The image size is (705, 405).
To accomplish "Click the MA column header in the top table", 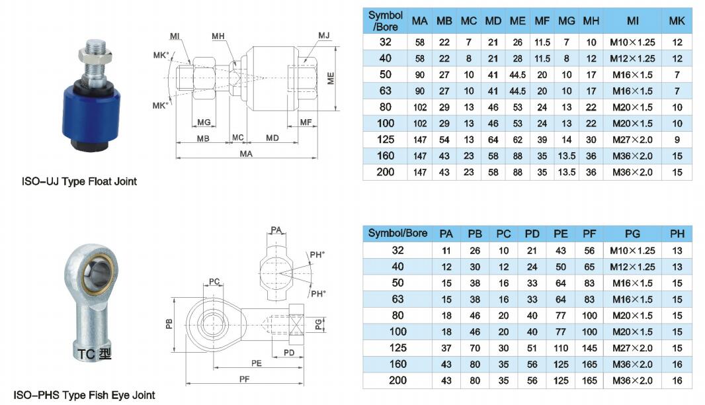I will pyautogui.click(x=419, y=21).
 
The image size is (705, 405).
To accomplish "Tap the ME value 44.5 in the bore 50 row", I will pyautogui.click(x=517, y=74).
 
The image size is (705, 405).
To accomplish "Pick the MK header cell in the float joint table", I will pyautogui.click(x=676, y=21).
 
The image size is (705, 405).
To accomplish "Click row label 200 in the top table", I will pyautogui.click(x=386, y=172).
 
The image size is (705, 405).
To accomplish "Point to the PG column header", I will pyautogui.click(x=632, y=233).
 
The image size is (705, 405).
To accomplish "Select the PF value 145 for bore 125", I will pyautogui.click(x=589, y=348).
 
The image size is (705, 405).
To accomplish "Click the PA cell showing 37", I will pyautogui.click(x=446, y=348).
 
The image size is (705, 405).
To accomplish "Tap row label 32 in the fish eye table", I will pyautogui.click(x=397, y=250).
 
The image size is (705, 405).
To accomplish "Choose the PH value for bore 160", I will pyautogui.click(x=677, y=364).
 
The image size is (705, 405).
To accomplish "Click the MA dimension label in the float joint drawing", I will pyautogui.click(x=246, y=154).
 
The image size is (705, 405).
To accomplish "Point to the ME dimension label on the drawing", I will pyautogui.click(x=331, y=78).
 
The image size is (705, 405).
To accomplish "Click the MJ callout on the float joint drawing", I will pyautogui.click(x=323, y=35).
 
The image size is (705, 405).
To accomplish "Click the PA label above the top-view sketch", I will pyautogui.click(x=276, y=230).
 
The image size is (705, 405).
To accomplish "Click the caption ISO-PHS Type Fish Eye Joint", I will pyautogui.click(x=84, y=395).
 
